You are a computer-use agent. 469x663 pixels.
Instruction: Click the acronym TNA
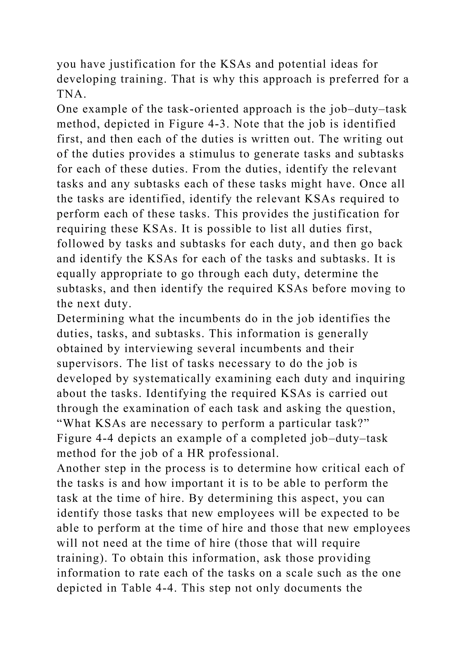coord(71,94)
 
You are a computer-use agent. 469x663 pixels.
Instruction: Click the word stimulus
coord(212,154)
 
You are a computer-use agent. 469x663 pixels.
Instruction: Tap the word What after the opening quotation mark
coord(77,423)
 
